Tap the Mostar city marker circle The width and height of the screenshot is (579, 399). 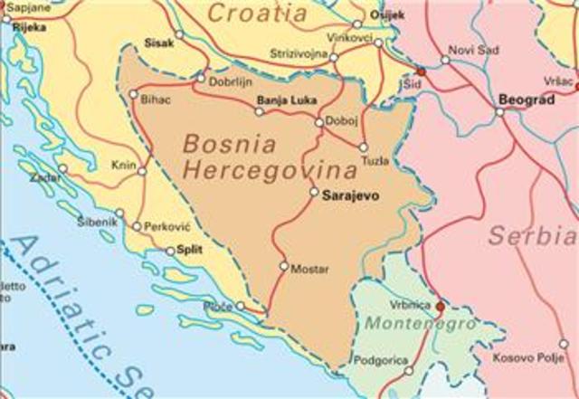point(283,266)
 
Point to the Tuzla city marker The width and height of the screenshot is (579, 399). point(363,147)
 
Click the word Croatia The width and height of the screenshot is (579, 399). point(257,13)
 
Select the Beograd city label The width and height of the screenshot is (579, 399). point(527,100)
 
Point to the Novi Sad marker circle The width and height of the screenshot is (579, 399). point(445,61)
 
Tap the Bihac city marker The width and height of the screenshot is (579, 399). point(134,93)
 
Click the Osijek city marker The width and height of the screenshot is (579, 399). point(357,24)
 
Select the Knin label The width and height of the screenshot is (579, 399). point(122,165)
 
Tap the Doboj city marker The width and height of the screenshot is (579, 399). point(318,122)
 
